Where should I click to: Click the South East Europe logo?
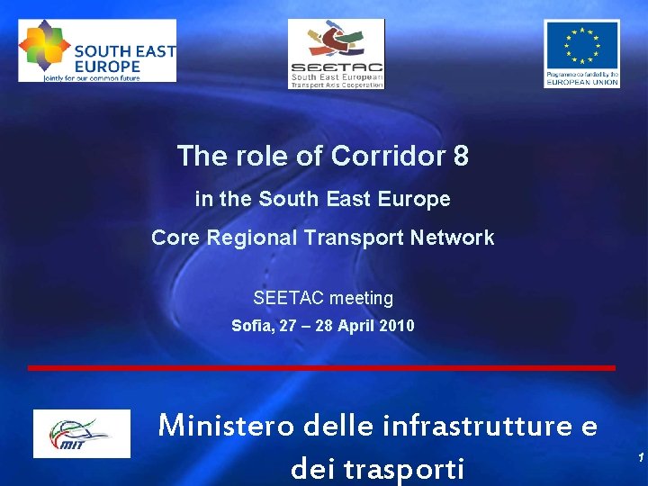coord(97,50)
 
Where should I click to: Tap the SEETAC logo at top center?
coord(336,54)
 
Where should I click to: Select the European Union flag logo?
coord(581,53)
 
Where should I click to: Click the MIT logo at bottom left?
coord(81,433)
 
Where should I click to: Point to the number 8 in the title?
coord(461,157)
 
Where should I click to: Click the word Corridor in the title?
coord(388,157)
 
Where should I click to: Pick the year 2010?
coord(397,326)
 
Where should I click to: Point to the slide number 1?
coord(640,458)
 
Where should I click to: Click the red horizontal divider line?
coord(321,368)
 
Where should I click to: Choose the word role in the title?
coord(261,157)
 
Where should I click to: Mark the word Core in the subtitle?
coord(175,238)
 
